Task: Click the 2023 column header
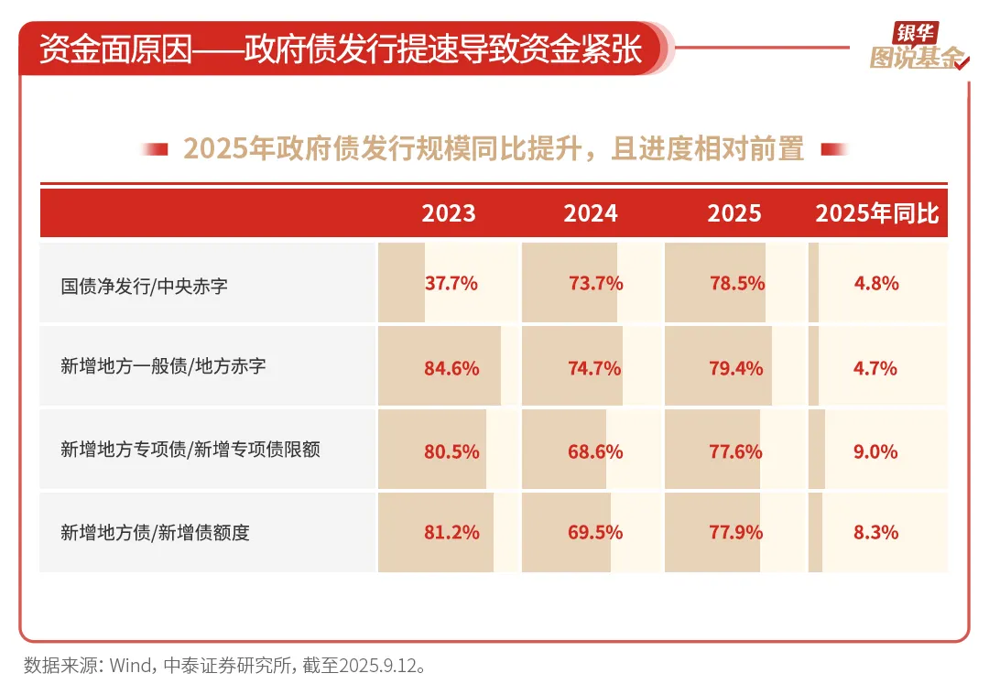pyautogui.click(x=449, y=213)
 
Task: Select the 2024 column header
pyautogui.click(x=591, y=213)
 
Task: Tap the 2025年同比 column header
pyautogui.click(x=877, y=213)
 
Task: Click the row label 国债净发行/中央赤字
pyautogui.click(x=145, y=286)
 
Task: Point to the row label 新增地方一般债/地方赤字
pyautogui.click(x=163, y=366)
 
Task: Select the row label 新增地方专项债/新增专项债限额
pyautogui.click(x=190, y=450)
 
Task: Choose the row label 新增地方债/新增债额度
pyautogui.click(x=155, y=532)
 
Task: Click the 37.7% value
pyautogui.click(x=451, y=283)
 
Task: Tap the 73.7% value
pyautogui.click(x=595, y=283)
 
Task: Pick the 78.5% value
pyautogui.click(x=737, y=283)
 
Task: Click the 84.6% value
pyautogui.click(x=451, y=368)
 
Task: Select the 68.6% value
pyautogui.click(x=595, y=451)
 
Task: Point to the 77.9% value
pyautogui.click(x=737, y=532)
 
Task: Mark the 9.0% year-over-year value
pyautogui.click(x=876, y=451)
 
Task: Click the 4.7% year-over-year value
pyautogui.click(x=876, y=368)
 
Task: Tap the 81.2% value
pyautogui.click(x=451, y=532)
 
